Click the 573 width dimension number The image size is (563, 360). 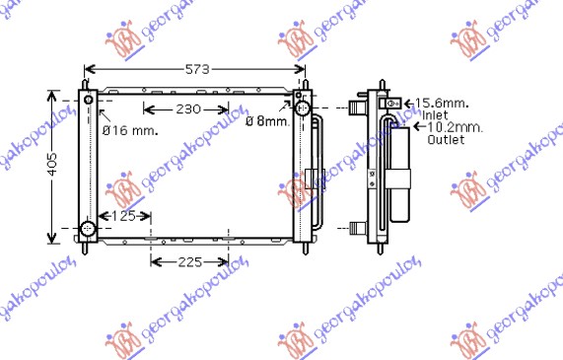[195, 69]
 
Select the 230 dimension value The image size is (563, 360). [187, 108]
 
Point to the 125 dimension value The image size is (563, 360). [123, 216]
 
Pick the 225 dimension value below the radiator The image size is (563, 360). [189, 261]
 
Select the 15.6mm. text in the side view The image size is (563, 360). [441, 103]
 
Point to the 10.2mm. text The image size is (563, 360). [451, 127]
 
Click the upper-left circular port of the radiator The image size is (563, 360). [89, 101]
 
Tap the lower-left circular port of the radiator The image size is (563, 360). [87, 230]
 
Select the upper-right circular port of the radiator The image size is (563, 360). [303, 108]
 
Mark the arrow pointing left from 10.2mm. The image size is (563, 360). [418, 127]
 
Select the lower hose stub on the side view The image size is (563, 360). [352, 229]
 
